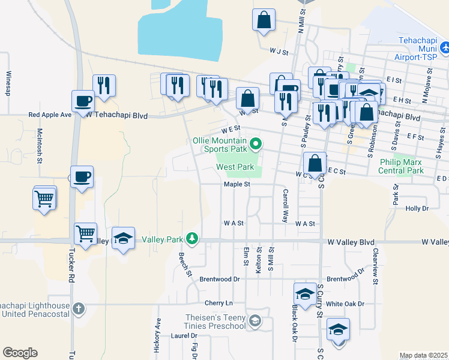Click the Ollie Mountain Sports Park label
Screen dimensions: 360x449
(x=220, y=145)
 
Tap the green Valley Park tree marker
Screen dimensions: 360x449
(x=192, y=239)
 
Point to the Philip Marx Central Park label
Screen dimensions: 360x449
(x=401, y=166)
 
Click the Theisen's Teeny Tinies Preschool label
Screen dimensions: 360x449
(x=217, y=322)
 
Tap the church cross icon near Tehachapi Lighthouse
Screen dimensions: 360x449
(x=78, y=309)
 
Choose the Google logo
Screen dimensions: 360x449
(x=20, y=352)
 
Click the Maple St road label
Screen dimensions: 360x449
(x=237, y=185)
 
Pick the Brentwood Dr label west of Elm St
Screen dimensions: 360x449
(x=220, y=279)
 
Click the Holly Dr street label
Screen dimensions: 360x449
(x=417, y=209)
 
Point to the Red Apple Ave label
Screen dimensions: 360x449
(x=50, y=114)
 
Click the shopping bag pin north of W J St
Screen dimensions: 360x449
(x=264, y=20)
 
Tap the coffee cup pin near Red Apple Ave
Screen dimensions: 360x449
(x=83, y=101)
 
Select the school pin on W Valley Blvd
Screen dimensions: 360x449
(x=123, y=239)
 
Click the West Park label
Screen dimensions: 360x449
(x=235, y=167)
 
